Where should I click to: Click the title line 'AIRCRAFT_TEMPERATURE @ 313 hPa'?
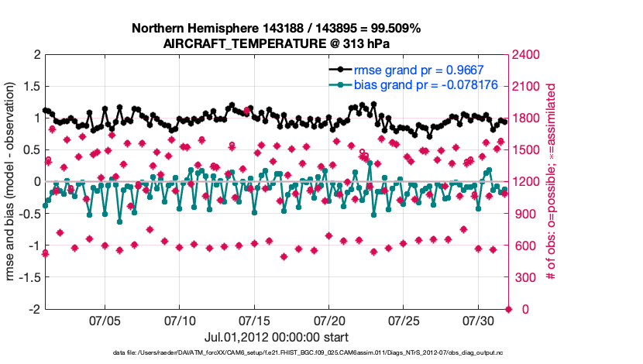[276, 44]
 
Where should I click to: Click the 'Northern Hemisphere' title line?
[276, 29]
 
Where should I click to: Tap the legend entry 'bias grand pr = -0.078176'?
[425, 84]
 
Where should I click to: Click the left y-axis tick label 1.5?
[30, 87]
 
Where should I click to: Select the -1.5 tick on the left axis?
[28, 277]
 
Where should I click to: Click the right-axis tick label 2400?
[525, 55]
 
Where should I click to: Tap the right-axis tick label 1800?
[525, 118]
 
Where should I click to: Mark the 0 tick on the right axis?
[516, 309]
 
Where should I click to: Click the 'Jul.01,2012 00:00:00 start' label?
[276, 338]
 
